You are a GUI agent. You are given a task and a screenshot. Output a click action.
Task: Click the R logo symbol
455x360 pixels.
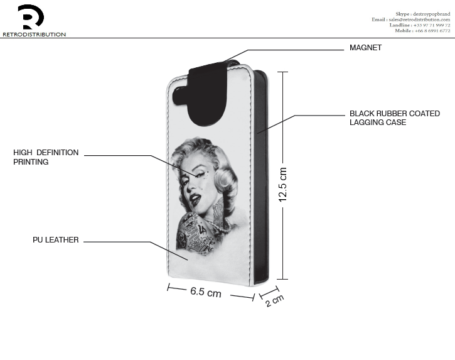tap(31, 17)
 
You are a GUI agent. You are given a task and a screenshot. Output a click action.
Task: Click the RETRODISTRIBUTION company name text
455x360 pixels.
tap(35, 35)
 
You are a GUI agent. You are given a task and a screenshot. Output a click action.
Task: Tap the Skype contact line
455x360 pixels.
tap(423, 14)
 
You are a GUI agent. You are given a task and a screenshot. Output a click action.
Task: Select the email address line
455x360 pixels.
tap(411, 19)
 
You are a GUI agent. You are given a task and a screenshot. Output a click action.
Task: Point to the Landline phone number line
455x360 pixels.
tap(420, 25)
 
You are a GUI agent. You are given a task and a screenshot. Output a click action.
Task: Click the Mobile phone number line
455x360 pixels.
tap(422, 31)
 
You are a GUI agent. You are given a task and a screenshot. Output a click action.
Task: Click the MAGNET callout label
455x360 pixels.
tap(365, 48)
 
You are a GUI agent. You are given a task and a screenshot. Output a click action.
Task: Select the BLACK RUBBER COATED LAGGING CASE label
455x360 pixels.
tap(395, 117)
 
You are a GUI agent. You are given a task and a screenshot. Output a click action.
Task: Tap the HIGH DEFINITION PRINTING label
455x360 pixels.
tap(46, 157)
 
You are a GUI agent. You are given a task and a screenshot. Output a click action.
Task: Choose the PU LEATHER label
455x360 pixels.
tap(55, 240)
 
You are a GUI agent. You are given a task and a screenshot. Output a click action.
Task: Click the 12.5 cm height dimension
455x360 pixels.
tap(282, 185)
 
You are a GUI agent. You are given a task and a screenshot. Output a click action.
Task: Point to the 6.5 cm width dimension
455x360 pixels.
tap(206, 292)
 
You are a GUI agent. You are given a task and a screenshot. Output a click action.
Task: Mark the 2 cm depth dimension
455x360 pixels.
tap(274, 300)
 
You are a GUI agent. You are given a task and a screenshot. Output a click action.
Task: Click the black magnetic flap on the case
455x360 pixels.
tap(208, 94)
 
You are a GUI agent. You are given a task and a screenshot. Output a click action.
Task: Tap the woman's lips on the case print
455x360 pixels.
tap(195, 199)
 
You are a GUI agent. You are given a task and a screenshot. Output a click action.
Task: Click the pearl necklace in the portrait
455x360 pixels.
tap(220, 226)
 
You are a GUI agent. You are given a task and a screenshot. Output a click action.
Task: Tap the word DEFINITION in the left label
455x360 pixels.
tap(58, 153)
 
